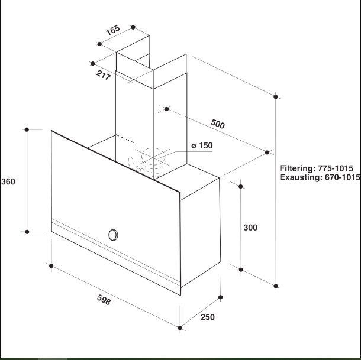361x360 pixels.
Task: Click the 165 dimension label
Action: point(113,30)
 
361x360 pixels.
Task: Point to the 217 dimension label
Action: point(104,75)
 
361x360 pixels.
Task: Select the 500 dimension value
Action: point(218,124)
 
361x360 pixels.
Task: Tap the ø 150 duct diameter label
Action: point(202,145)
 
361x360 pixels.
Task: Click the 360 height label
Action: point(8,181)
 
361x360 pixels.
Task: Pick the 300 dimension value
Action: point(250,228)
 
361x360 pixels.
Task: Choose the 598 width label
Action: point(104,300)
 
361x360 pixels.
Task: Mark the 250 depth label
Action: point(208,317)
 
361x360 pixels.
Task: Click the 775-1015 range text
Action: point(336,168)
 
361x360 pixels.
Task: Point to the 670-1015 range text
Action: point(343,177)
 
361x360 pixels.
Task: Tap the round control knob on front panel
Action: point(113,235)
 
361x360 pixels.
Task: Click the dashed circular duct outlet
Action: point(153,156)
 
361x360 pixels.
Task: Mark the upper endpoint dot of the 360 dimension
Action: point(27,129)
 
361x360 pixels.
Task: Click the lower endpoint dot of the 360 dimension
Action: point(27,232)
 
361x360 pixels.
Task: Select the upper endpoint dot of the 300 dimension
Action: point(241,186)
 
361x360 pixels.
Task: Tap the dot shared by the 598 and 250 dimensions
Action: point(180,328)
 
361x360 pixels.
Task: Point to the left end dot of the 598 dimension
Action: point(51,266)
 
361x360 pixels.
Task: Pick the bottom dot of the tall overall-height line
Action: point(276,286)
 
